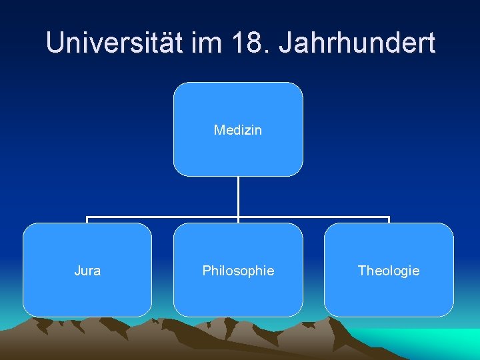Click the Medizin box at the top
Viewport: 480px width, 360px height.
(x=238, y=129)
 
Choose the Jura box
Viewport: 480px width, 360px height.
(x=87, y=270)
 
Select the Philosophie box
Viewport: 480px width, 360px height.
(x=238, y=270)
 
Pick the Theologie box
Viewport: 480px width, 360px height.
(x=389, y=270)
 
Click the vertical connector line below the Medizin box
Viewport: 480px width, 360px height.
(x=238, y=197)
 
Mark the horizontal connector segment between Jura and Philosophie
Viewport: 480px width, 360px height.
(x=163, y=217)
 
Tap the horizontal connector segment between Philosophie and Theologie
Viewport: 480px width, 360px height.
(x=313, y=217)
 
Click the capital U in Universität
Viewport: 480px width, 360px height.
(x=57, y=43)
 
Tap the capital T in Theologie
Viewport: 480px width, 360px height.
(x=361, y=271)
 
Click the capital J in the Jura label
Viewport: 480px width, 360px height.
(x=77, y=271)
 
